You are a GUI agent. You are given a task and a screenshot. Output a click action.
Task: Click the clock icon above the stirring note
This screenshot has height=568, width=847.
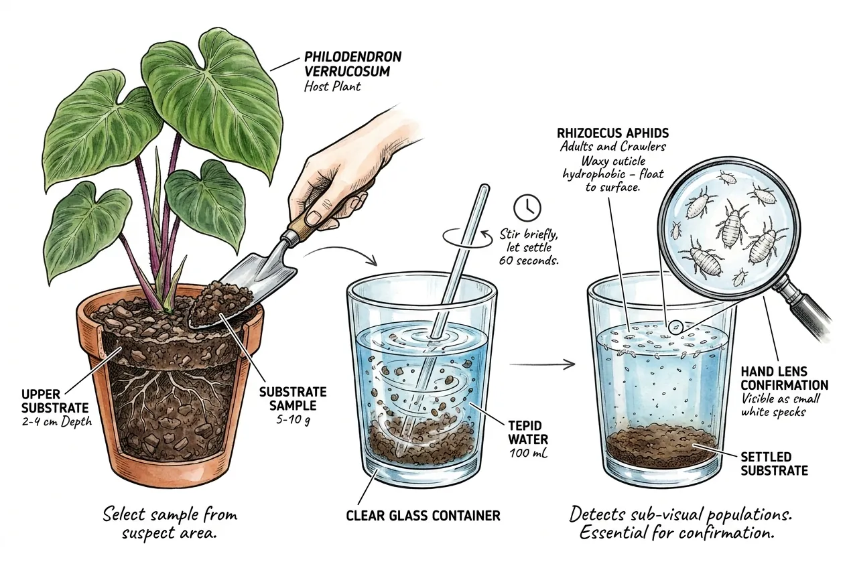(527, 208)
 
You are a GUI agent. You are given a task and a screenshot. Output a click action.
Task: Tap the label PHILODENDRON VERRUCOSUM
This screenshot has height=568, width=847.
(352, 64)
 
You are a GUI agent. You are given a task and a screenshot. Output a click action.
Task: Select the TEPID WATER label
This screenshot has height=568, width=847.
(528, 432)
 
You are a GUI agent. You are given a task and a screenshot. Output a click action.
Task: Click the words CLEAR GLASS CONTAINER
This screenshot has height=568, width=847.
(423, 516)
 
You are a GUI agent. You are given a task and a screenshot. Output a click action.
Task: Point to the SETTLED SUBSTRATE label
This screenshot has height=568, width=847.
(774, 464)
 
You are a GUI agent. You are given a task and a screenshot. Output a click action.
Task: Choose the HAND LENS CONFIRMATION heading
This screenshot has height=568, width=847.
(784, 378)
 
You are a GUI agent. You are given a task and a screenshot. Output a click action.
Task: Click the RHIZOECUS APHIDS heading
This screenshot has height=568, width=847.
(613, 133)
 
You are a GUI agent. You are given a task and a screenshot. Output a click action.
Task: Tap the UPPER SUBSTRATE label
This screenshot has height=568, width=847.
(55, 401)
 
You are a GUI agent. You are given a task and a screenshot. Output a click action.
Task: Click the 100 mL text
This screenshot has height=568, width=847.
(528, 453)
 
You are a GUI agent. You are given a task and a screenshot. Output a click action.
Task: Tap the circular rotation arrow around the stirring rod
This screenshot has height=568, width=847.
(467, 239)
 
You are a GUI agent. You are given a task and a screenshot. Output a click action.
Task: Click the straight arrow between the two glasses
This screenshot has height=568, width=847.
(542, 364)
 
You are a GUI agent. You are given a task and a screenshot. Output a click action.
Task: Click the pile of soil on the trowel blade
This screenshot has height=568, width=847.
(218, 302)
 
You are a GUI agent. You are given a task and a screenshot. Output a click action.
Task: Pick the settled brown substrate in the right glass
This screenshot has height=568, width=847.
(662, 446)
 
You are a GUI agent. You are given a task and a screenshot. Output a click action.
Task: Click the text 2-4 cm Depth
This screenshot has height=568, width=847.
(57, 421)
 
